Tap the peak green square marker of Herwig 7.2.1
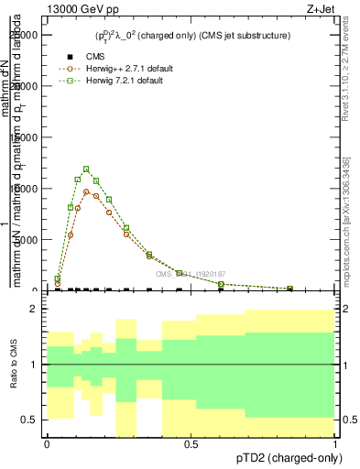[x=86, y=169]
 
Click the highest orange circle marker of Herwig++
[x=87, y=191]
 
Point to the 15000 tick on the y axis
[x=26, y=137]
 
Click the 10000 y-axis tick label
[x=26, y=189]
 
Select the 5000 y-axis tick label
[x=28, y=240]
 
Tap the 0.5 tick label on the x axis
[x=191, y=444]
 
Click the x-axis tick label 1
[x=336, y=444]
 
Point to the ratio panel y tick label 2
[x=34, y=310]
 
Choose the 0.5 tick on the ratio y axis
[x=30, y=420]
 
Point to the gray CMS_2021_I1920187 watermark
[x=190, y=274]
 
